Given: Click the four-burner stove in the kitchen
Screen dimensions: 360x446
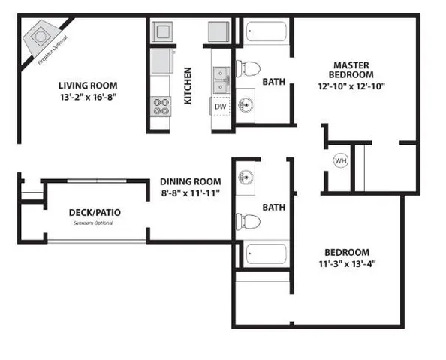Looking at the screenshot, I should [161, 105].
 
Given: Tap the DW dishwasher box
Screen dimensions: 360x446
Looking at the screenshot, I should [220, 106].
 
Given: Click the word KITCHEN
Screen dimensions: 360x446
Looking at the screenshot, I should [188, 85].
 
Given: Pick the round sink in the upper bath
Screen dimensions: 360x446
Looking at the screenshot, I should [246, 103].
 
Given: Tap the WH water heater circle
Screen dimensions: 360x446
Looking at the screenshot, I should [340, 160].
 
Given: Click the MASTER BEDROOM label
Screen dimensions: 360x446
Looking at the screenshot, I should [351, 70].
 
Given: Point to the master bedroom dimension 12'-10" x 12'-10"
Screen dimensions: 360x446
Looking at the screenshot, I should [351, 86].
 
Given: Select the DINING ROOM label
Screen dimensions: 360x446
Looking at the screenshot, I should [190, 181].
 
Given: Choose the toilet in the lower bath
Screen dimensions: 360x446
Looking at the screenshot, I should [247, 221].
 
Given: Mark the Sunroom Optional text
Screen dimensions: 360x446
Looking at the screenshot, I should [97, 223].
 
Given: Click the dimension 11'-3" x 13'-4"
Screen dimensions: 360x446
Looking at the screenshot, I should [347, 263].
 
